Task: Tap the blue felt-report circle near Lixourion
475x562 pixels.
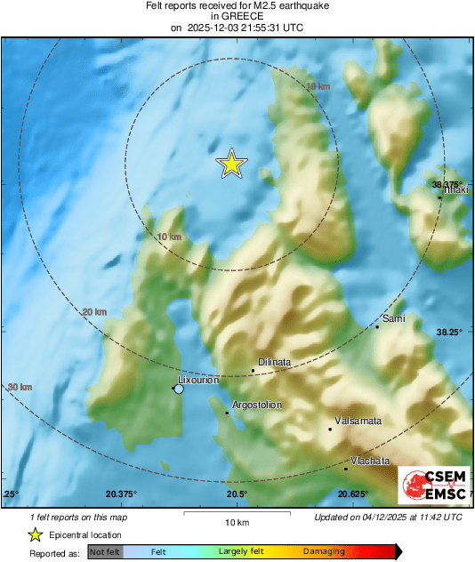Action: coord(179,389)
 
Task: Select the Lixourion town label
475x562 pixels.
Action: coord(198,380)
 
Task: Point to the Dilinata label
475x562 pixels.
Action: coord(274,362)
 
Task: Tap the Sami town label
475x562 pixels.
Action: coord(393,317)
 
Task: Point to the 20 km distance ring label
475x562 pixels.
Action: coord(93,312)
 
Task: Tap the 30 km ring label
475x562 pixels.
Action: coord(20,387)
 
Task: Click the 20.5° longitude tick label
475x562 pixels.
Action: coord(236,494)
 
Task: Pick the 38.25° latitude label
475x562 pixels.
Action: coord(448,332)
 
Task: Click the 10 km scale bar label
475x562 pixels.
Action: coord(237,521)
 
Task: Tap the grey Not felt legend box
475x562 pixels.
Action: coord(104,552)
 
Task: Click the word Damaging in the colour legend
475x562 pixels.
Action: coord(323,552)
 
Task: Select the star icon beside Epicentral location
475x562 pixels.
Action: coord(35,535)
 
